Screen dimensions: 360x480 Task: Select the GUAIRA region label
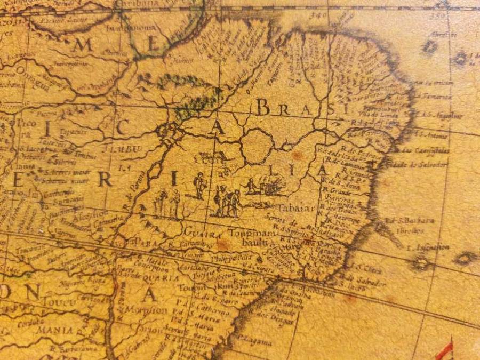point(202,233)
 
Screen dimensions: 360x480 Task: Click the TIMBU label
point(124,149)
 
